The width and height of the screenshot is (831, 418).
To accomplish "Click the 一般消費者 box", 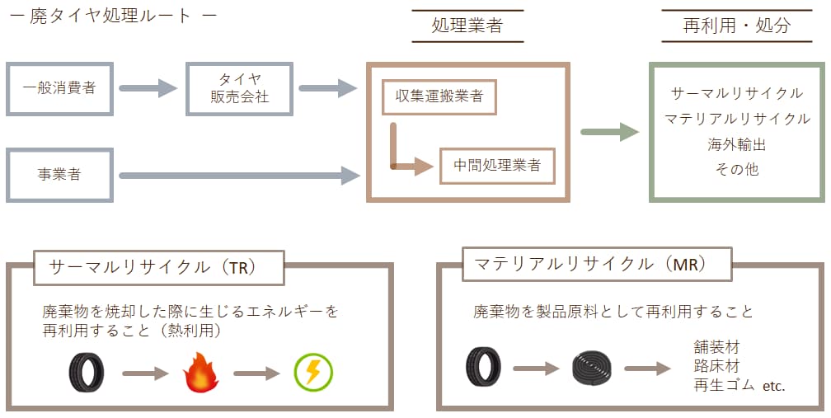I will tap(59, 87).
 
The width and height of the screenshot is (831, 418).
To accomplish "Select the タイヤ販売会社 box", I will tap(239, 87).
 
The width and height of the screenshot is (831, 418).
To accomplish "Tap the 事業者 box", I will tap(59, 175).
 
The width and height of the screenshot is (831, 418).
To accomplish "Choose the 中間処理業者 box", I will tap(497, 165).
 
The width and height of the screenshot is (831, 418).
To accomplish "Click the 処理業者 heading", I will tap(467, 26).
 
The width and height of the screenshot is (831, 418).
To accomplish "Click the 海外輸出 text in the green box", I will tap(737, 144).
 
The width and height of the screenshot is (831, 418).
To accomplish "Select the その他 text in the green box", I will tap(737, 170).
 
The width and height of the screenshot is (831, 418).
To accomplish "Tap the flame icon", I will tap(199, 373).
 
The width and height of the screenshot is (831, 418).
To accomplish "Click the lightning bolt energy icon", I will tap(313, 373).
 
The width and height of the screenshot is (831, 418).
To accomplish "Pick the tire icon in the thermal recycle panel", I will tap(86, 373).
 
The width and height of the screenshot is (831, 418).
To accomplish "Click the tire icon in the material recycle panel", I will tap(482, 367).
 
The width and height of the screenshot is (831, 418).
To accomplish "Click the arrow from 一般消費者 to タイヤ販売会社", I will tap(148, 87).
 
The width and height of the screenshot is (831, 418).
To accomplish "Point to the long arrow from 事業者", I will tap(239, 175).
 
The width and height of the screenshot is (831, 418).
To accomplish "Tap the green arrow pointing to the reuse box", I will tap(609, 132).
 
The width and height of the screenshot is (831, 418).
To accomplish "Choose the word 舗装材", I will tap(714, 346).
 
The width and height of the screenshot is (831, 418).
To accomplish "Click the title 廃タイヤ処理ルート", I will tap(110, 17).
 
